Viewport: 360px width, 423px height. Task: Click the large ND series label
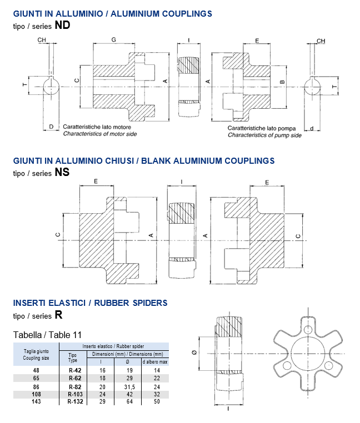(x=62, y=25)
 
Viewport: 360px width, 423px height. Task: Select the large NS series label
(x=62, y=172)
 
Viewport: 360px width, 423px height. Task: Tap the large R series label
(x=58, y=315)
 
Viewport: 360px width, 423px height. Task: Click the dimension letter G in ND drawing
(x=113, y=41)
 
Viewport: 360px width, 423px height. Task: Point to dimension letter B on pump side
(x=282, y=82)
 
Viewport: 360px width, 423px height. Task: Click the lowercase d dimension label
(x=312, y=128)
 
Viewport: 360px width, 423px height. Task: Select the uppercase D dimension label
(x=51, y=127)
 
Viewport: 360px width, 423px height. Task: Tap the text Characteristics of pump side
(x=264, y=135)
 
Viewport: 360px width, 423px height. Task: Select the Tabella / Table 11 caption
(x=47, y=335)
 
